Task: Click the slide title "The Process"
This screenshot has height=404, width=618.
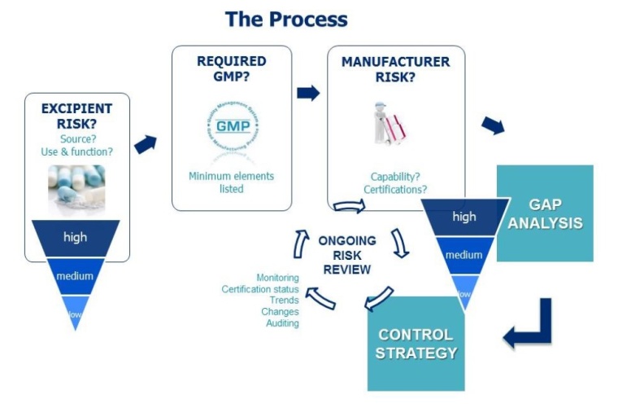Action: [x=285, y=19]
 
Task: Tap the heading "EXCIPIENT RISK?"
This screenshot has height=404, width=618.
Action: [x=76, y=116]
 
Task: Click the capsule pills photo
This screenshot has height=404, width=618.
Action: [x=76, y=187]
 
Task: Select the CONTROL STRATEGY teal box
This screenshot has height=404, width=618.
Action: [x=416, y=344]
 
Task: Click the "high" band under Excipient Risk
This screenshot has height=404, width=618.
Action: [x=76, y=238]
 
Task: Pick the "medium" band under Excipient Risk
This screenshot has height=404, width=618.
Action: [x=76, y=276]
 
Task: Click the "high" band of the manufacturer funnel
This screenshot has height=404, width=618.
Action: [x=463, y=217]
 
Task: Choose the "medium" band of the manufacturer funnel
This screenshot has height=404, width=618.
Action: [x=463, y=255]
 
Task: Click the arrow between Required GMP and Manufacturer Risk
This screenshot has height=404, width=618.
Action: [x=308, y=93]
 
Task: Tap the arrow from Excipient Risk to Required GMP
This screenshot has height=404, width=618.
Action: [x=146, y=144]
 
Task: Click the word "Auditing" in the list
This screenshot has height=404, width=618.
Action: [x=282, y=323]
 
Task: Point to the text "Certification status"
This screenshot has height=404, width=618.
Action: [x=259, y=289]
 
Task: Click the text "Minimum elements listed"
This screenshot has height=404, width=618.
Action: [x=231, y=182]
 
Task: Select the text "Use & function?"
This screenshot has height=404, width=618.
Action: [x=76, y=151]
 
